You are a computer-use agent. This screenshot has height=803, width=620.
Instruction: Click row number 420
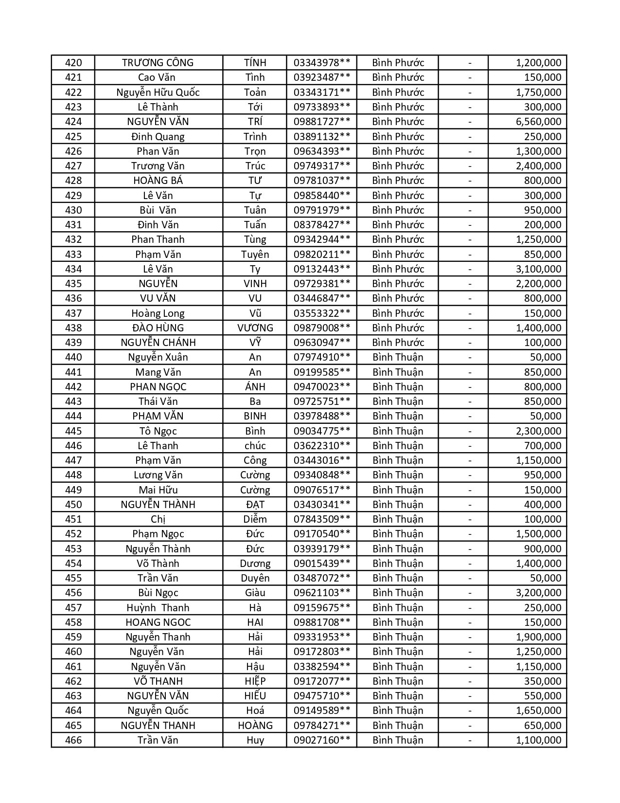pyautogui.click(x=73, y=63)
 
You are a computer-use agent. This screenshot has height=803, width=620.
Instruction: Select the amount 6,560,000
pyautogui.click(x=538, y=122)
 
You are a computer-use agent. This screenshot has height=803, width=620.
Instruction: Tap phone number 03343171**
pyautogui.click(x=321, y=92)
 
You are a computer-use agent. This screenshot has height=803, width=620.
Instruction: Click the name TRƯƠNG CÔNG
pyautogui.click(x=158, y=63)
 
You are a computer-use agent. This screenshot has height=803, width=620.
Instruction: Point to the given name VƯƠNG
pyautogui.click(x=255, y=328)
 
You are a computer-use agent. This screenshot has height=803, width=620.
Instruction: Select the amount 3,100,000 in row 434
pyautogui.click(x=538, y=269)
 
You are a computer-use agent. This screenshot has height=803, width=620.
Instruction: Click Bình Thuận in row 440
pyautogui.click(x=398, y=357)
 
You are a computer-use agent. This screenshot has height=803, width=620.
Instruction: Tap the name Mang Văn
pyautogui.click(x=158, y=372)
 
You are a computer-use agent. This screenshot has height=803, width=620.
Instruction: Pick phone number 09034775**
pyautogui.click(x=321, y=431)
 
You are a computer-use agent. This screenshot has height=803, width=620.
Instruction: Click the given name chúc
pyautogui.click(x=255, y=446)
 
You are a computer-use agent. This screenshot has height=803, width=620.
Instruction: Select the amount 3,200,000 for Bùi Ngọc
pyautogui.click(x=538, y=593)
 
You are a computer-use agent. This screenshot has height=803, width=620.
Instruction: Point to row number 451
pyautogui.click(x=73, y=519)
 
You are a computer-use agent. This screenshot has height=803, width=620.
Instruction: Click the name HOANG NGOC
pyautogui.click(x=158, y=622)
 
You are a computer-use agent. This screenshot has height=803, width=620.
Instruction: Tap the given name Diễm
pyautogui.click(x=255, y=519)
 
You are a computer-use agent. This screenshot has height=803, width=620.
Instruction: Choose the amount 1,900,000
pyautogui.click(x=538, y=637)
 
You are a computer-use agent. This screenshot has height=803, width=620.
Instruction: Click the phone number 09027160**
pyautogui.click(x=321, y=740)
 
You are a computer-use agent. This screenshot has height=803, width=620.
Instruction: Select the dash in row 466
pyautogui.click(x=470, y=740)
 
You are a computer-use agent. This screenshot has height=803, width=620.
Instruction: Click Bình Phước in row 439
pyautogui.click(x=398, y=343)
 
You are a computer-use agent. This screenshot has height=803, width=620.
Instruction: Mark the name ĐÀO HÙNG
pyautogui.click(x=158, y=328)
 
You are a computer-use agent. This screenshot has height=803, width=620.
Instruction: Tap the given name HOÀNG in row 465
pyautogui.click(x=255, y=726)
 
